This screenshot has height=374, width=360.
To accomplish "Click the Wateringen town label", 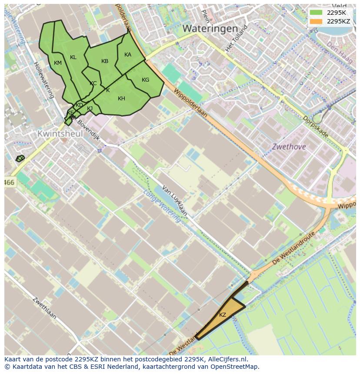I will [210, 29].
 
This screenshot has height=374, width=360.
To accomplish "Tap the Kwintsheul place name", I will [60, 134].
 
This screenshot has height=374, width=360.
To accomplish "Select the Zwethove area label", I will [289, 147].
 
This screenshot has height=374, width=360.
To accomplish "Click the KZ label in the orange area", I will [223, 315].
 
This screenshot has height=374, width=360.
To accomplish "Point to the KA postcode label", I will [128, 55].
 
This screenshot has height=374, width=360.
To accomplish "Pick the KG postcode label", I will [145, 80].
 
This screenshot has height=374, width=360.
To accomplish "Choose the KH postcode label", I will [121, 99].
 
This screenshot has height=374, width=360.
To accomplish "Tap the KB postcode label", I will [105, 61].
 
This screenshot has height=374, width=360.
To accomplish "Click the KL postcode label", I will [73, 57].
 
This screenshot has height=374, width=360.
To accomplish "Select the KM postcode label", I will [58, 63].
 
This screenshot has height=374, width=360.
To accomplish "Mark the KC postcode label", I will [93, 83].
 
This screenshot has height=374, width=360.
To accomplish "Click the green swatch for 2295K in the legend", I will [316, 12].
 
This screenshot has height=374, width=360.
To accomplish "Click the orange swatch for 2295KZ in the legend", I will [316, 21].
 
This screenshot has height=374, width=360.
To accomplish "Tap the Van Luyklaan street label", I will [174, 200].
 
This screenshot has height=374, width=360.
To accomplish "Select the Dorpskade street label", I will [316, 126].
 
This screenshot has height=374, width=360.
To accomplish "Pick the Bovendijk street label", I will [90, 132].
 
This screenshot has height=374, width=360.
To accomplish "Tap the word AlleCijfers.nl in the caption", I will [227, 359].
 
